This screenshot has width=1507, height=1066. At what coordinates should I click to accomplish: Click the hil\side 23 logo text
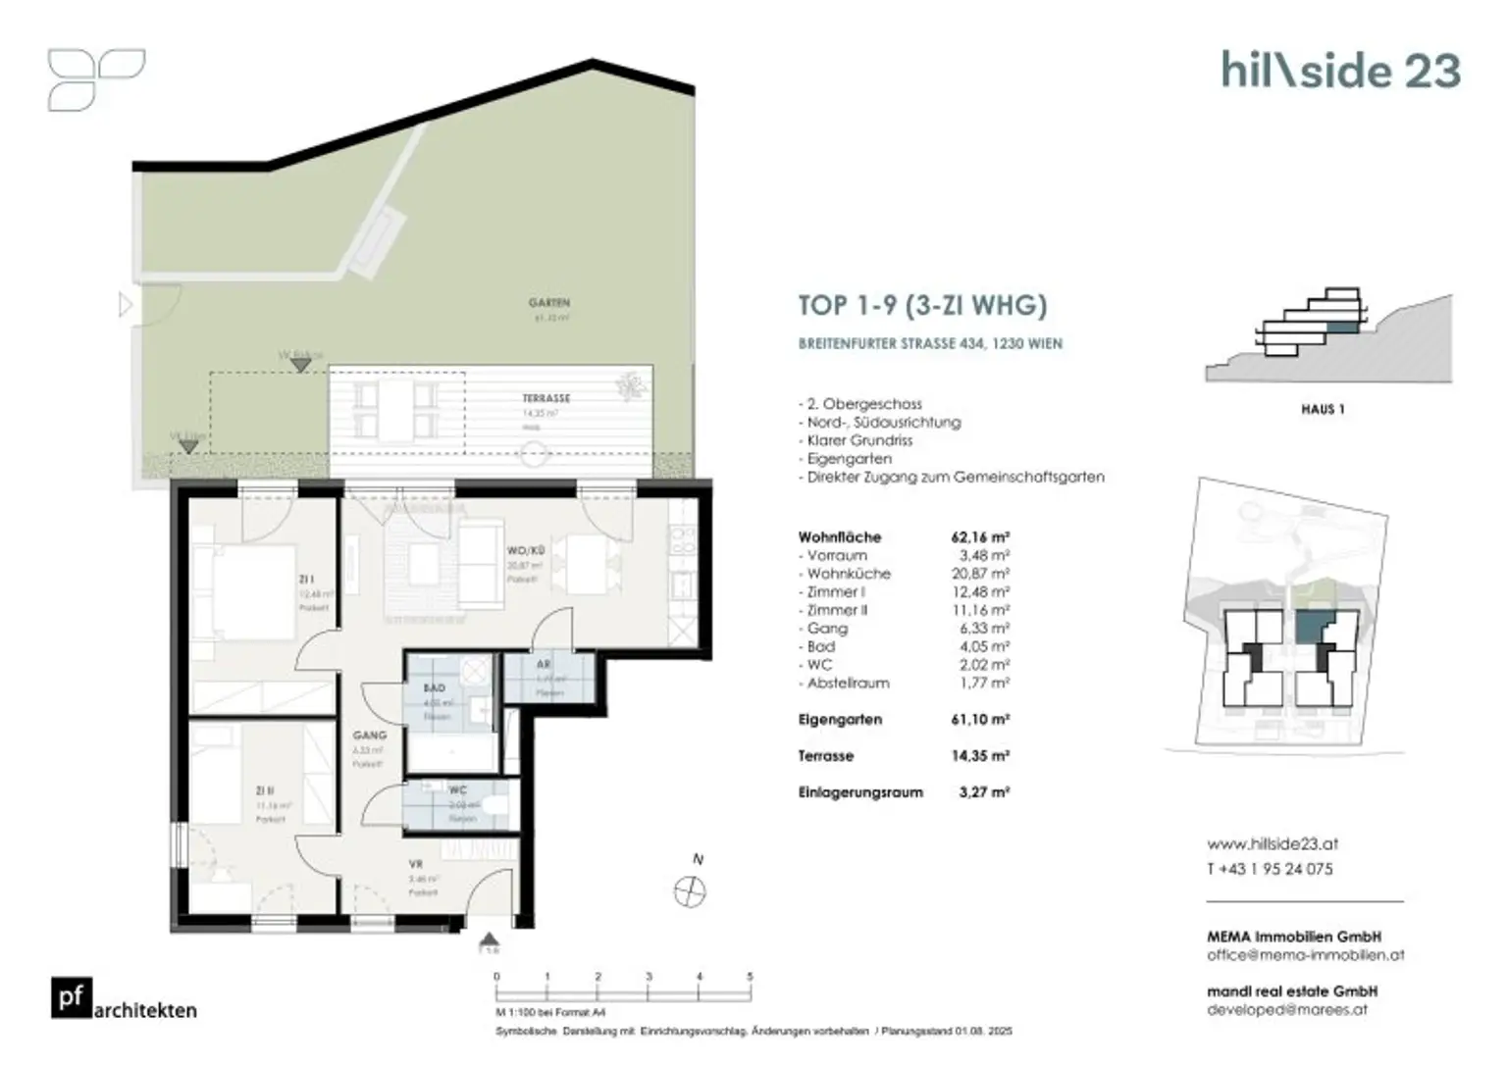point(1340,71)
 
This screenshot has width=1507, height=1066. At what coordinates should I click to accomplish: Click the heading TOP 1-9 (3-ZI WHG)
point(922,305)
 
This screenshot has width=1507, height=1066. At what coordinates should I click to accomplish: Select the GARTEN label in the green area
point(548,303)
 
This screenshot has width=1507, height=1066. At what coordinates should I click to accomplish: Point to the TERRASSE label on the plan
point(546,398)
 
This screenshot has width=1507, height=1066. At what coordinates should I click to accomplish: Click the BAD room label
point(434,688)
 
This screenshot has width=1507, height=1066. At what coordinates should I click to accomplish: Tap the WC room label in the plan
point(458,789)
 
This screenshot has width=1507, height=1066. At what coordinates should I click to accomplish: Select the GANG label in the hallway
point(370,735)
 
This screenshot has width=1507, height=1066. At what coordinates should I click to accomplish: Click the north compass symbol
point(691,891)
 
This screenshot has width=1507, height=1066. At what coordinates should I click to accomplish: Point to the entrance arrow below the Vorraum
point(490,942)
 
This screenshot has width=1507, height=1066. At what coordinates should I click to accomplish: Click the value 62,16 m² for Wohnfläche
point(979,537)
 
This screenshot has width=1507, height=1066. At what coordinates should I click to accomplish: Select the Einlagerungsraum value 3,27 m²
point(984,792)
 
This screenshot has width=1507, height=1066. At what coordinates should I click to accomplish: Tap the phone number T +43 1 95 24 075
point(1270,869)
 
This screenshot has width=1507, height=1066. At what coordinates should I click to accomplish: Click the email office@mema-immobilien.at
point(1305,954)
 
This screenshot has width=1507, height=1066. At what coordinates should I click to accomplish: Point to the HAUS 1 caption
point(1323,409)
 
